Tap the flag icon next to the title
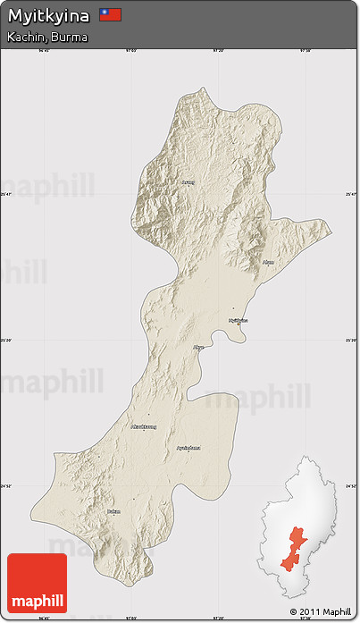click(x=110, y=15)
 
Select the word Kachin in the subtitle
click(x=23, y=37)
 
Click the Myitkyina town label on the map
click(x=238, y=319)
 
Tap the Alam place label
click(x=268, y=262)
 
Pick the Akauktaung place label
click(x=143, y=427)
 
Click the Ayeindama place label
click(x=188, y=447)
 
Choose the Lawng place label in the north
click(x=187, y=182)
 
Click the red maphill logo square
click(x=37, y=583)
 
